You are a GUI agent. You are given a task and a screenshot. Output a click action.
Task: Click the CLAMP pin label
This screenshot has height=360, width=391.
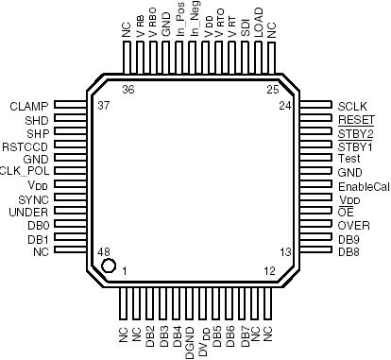click(28, 106)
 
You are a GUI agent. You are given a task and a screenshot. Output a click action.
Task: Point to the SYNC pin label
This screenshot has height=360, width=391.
click(33, 199)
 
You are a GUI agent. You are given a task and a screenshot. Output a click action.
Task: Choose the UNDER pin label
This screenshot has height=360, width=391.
click(30, 213)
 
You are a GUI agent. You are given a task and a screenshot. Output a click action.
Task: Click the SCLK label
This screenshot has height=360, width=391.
click(353, 106)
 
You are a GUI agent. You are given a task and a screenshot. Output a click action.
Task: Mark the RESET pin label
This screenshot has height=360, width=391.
click(355, 120)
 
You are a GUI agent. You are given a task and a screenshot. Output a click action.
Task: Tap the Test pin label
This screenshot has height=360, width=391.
click(348, 159)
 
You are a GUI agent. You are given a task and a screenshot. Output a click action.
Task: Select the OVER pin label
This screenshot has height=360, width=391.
click(354, 226)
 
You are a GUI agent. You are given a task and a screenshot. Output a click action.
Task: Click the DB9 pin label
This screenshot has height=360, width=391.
click(348, 239)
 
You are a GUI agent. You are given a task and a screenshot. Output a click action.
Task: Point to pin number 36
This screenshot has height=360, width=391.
click(128, 89)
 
